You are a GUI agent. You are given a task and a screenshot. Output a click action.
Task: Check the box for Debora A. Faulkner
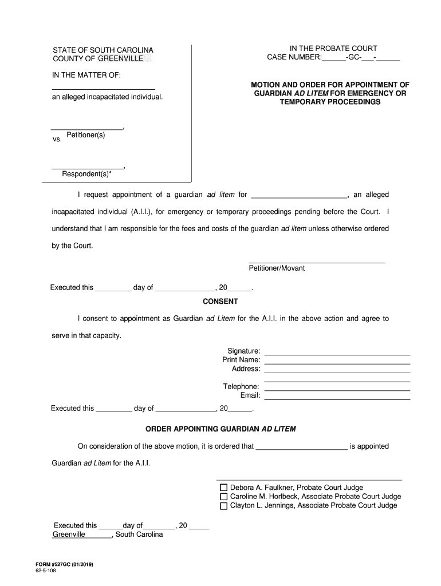(x=224, y=488)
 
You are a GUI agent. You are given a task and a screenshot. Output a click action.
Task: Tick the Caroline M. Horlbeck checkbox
(x=224, y=497)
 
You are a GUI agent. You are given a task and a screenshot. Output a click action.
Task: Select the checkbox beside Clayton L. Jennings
(x=224, y=506)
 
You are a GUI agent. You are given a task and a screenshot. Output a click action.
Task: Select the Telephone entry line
(x=337, y=390)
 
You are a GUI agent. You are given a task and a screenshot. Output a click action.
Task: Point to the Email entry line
(x=337, y=399)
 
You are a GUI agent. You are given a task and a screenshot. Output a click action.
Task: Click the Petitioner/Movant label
(x=277, y=268)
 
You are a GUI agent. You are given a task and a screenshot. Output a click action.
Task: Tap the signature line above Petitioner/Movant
(x=317, y=262)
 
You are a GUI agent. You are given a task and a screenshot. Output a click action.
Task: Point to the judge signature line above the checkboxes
(x=309, y=480)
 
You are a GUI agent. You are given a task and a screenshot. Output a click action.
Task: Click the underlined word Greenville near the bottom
(x=69, y=534)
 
